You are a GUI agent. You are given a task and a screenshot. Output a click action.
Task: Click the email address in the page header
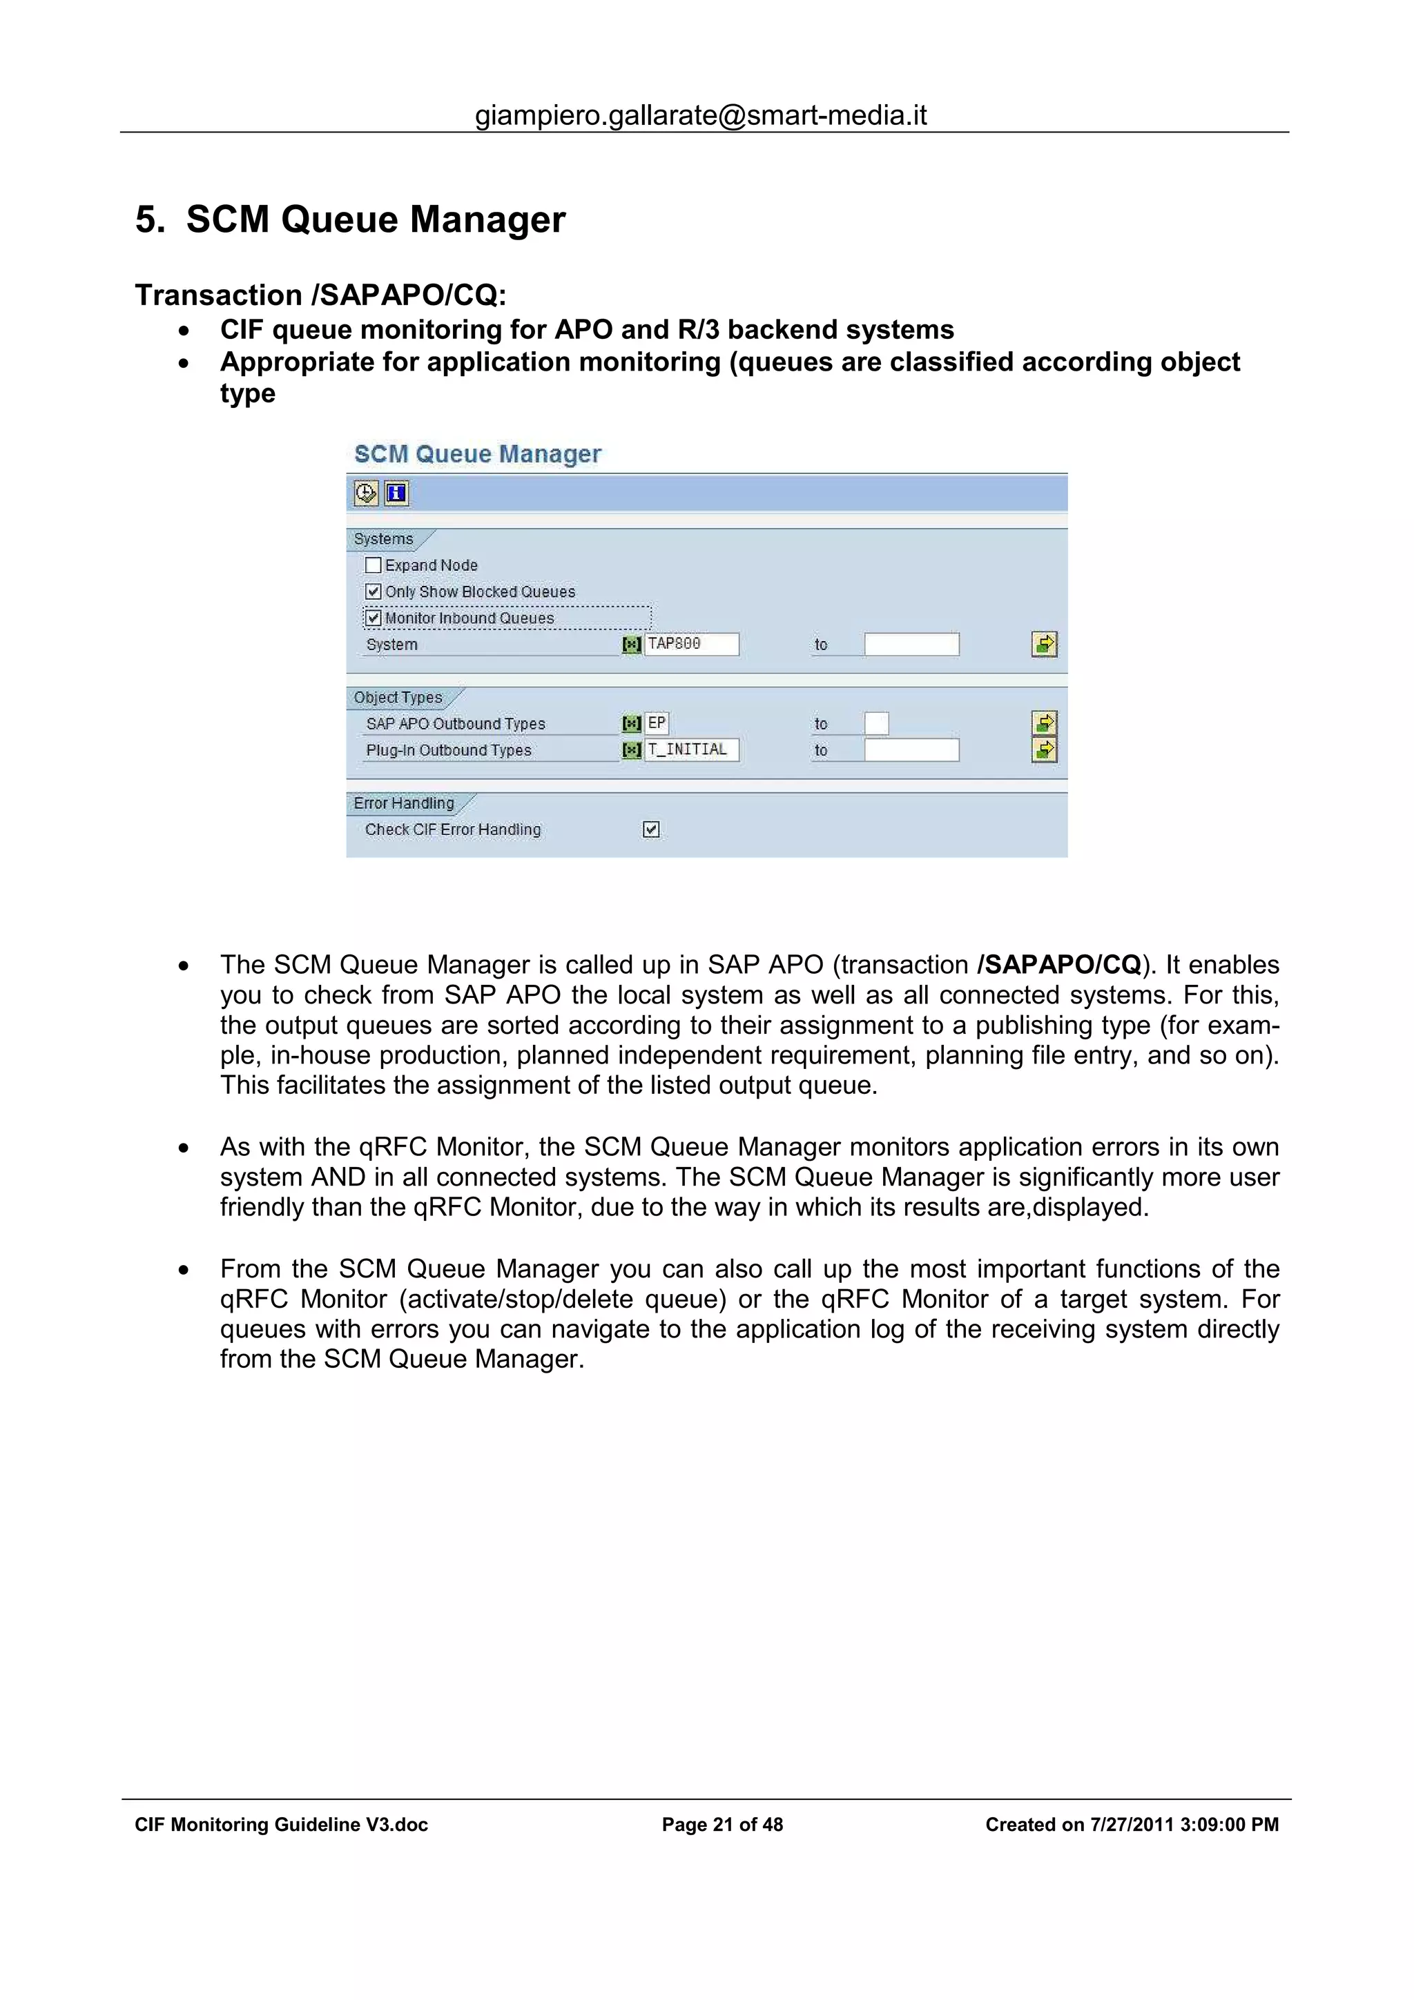pyautogui.click(x=701, y=115)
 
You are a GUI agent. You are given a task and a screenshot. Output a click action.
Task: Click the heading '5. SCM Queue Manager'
pyautogui.click(x=350, y=219)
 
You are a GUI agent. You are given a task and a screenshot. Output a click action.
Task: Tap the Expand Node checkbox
pyautogui.click(x=373, y=565)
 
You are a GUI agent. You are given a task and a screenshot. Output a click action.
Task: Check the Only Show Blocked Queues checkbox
pyautogui.click(x=373, y=591)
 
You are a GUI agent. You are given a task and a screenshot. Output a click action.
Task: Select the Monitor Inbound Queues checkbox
pyautogui.click(x=373, y=618)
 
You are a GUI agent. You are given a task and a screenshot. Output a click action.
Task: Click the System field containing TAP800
pyautogui.click(x=692, y=644)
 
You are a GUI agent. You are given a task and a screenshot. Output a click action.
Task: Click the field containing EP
pyautogui.click(x=657, y=723)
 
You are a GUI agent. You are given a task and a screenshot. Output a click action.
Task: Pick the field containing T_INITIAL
pyautogui.click(x=692, y=750)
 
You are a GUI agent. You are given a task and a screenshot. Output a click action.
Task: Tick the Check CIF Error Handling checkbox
pyautogui.click(x=651, y=830)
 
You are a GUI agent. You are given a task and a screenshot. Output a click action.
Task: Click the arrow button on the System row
pyautogui.click(x=1044, y=645)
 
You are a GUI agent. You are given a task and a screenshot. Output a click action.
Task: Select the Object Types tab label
pyautogui.click(x=398, y=698)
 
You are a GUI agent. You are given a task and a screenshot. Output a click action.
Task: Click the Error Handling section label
pyautogui.click(x=403, y=803)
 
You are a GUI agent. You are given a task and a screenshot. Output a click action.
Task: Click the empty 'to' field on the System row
pyautogui.click(x=911, y=645)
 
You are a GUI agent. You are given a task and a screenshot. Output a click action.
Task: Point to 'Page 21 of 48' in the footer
pyautogui.click(x=722, y=1824)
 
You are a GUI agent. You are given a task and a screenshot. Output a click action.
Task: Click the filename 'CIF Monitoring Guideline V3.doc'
pyautogui.click(x=282, y=1824)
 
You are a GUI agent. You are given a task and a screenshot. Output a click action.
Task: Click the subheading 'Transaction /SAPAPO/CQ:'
pyautogui.click(x=320, y=295)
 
